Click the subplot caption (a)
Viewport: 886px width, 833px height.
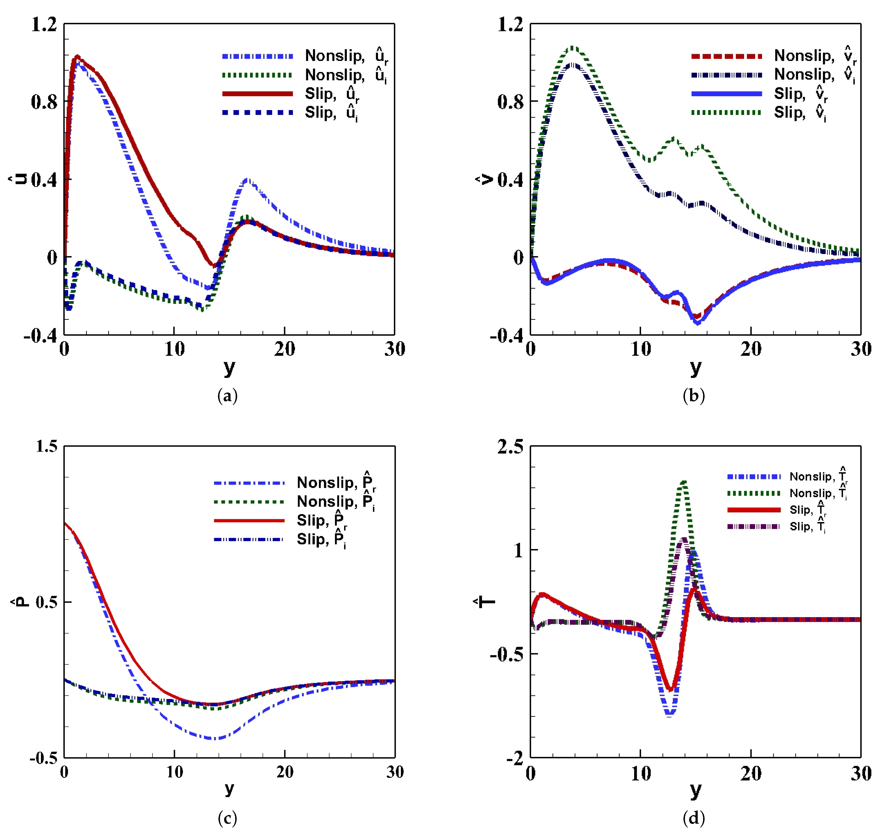(227, 395)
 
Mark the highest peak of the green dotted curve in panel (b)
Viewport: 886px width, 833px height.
(573, 47)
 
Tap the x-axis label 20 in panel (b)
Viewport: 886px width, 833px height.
(751, 349)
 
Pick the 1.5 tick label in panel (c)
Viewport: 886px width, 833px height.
(46, 446)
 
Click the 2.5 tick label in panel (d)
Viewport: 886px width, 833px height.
(510, 446)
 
